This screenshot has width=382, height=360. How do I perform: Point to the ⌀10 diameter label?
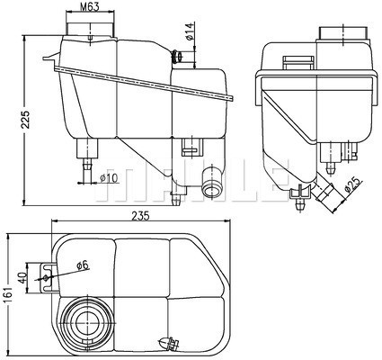tap(109, 177)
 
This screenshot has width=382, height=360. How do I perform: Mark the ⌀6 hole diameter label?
tap(81, 265)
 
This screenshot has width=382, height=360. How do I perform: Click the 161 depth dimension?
tap(8, 292)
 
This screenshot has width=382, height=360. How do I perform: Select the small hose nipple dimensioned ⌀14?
tap(179, 58)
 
